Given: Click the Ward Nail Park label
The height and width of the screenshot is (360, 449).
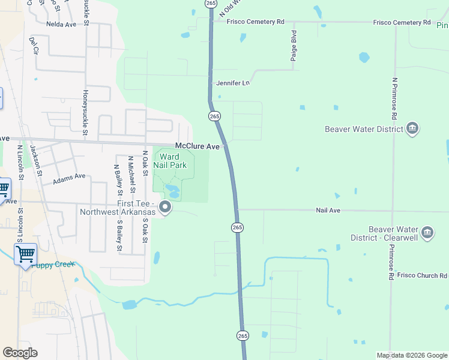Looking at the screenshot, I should pyautogui.click(x=173, y=161).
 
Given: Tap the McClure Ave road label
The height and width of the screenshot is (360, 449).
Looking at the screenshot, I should pyautogui.click(x=197, y=146).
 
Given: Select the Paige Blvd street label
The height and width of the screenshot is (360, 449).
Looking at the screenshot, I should pyautogui.click(x=294, y=43).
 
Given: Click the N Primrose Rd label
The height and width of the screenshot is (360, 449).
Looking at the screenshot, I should pyautogui.click(x=394, y=98).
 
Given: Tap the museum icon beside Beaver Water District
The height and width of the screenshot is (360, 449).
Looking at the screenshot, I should pyautogui.click(x=412, y=128).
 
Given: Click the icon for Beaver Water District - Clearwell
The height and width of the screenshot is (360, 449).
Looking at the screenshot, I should pyautogui.click(x=427, y=232).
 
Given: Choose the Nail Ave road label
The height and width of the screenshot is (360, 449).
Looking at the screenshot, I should pyautogui.click(x=328, y=211).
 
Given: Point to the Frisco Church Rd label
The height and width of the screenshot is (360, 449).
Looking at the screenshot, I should pyautogui.click(x=422, y=275).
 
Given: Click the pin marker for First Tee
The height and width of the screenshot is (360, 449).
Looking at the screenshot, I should pyautogui.click(x=166, y=208).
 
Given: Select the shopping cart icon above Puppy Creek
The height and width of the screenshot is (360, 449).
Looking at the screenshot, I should pyautogui.click(x=25, y=254).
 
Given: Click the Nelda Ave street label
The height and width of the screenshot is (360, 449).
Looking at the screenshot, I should pyautogui.click(x=61, y=25).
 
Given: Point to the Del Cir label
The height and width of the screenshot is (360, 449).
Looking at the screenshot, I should pyautogui.click(x=32, y=47).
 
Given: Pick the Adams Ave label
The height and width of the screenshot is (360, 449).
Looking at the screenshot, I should pyautogui.click(x=69, y=179).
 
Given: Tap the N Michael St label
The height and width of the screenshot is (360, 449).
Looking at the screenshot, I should pyautogui.click(x=131, y=175).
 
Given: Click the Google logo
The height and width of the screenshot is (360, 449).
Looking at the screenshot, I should pyautogui.click(x=20, y=353).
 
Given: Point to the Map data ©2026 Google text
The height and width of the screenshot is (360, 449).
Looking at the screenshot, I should pyautogui.click(x=412, y=355).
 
